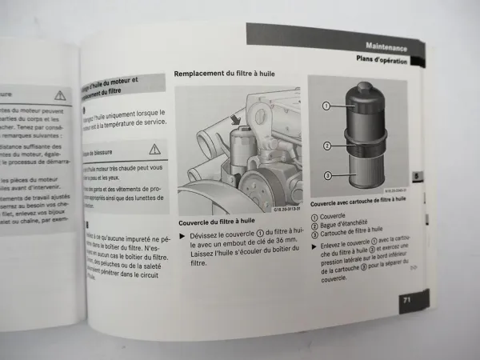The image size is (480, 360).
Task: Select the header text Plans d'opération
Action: tap(382, 59)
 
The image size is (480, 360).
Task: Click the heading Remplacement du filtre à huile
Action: tap(226, 74)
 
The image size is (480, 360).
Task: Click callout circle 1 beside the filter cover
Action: tap(326, 106)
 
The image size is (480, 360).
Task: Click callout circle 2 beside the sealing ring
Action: tap(326, 145)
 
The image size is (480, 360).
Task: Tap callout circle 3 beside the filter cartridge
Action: tap(326, 175)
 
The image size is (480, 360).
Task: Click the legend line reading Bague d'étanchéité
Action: tap(346, 224)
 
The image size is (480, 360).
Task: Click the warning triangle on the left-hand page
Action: tap(60, 94)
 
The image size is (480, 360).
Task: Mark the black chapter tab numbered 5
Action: tap(416, 177)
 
